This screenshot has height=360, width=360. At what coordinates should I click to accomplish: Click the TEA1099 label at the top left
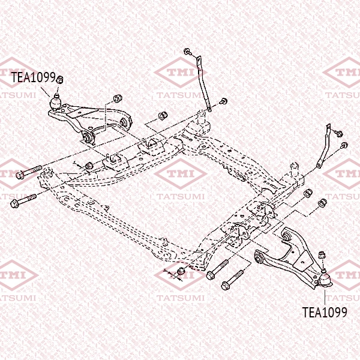coord(34,77)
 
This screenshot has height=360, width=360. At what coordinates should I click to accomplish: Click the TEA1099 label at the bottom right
coord(325,312)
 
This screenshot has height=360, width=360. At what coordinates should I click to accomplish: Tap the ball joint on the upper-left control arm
coord(56,102)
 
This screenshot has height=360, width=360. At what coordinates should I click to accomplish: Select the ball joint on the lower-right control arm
coord(325,278)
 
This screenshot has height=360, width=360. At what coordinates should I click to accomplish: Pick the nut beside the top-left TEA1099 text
coord(59,79)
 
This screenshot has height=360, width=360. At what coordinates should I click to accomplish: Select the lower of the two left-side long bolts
coord(23,201)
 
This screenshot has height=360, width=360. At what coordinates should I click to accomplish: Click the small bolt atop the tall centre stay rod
coord(188,52)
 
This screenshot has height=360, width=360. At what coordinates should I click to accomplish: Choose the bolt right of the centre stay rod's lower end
coord(223,101)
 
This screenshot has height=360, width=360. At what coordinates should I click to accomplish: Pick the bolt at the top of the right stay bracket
coord(339,133)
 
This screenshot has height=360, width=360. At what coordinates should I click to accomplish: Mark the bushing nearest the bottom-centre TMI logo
coord(181,272)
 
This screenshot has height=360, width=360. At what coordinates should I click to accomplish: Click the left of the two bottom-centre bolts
coord(217,269)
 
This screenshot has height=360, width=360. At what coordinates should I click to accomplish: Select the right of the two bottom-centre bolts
coord(232,280)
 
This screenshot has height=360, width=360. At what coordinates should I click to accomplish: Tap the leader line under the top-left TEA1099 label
coord(45,92)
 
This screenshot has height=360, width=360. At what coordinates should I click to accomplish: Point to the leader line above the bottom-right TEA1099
coord(325,298)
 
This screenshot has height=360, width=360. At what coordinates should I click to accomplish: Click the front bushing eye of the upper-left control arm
coord(87,137)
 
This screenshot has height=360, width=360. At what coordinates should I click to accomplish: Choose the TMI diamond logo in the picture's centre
coord(181,174)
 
